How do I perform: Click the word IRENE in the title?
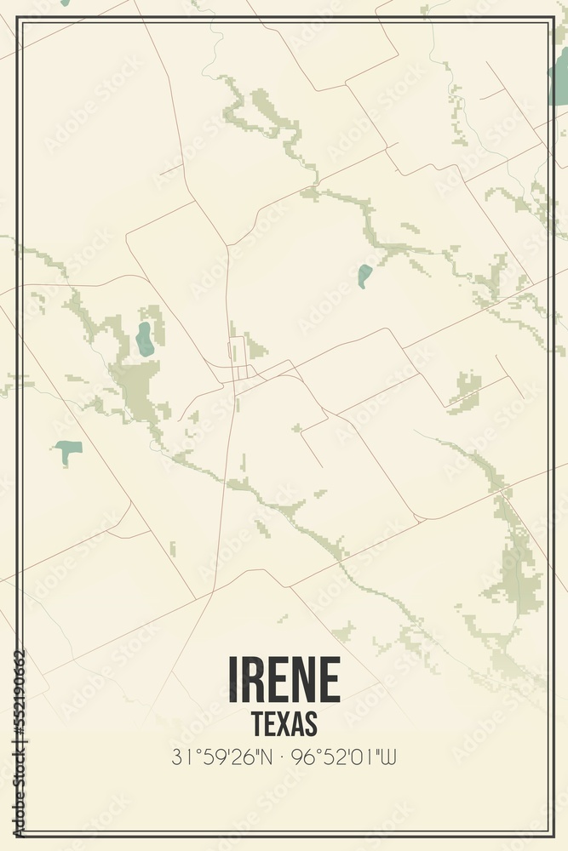(284, 679)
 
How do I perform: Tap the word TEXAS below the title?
(284, 722)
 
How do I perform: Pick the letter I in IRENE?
(232, 679)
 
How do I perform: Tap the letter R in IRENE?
(253, 679)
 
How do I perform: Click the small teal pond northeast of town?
(364, 275)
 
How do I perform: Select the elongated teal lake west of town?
(145, 339)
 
